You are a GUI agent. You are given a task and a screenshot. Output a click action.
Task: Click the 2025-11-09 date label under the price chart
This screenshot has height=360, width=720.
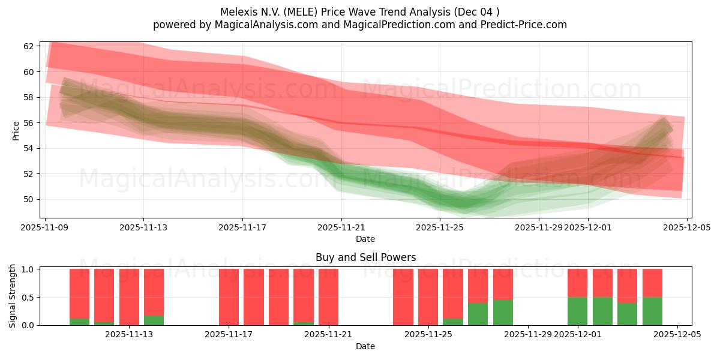[45, 227]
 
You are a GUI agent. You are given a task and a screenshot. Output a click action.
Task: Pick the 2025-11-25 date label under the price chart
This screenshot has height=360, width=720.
[440, 227]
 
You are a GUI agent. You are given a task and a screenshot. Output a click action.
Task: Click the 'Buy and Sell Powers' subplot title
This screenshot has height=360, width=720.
[365, 257]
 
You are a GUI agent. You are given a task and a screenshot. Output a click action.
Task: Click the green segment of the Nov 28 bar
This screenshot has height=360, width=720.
[503, 313]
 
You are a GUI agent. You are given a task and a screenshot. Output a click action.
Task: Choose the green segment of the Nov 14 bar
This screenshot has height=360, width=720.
[154, 320]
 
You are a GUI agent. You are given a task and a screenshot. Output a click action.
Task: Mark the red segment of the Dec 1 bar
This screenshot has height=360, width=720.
[577, 283]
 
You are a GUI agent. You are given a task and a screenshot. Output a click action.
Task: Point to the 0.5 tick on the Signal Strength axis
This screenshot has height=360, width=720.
[28, 298]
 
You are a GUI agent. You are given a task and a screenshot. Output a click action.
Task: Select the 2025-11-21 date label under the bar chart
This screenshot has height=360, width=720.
[328, 334]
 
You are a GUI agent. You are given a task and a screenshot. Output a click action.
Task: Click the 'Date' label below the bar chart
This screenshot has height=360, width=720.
[365, 346]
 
